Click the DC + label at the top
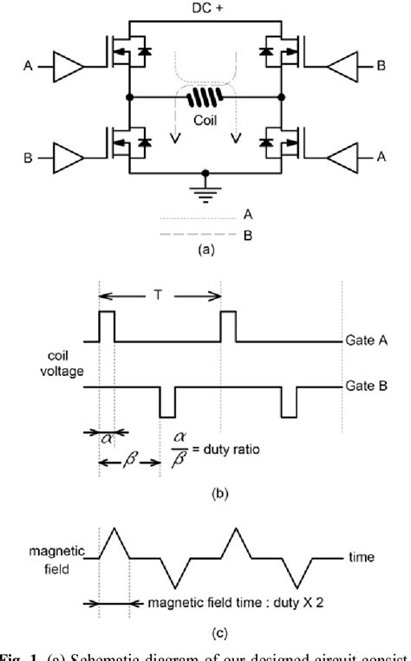click(x=205, y=9)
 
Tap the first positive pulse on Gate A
click(x=108, y=327)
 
